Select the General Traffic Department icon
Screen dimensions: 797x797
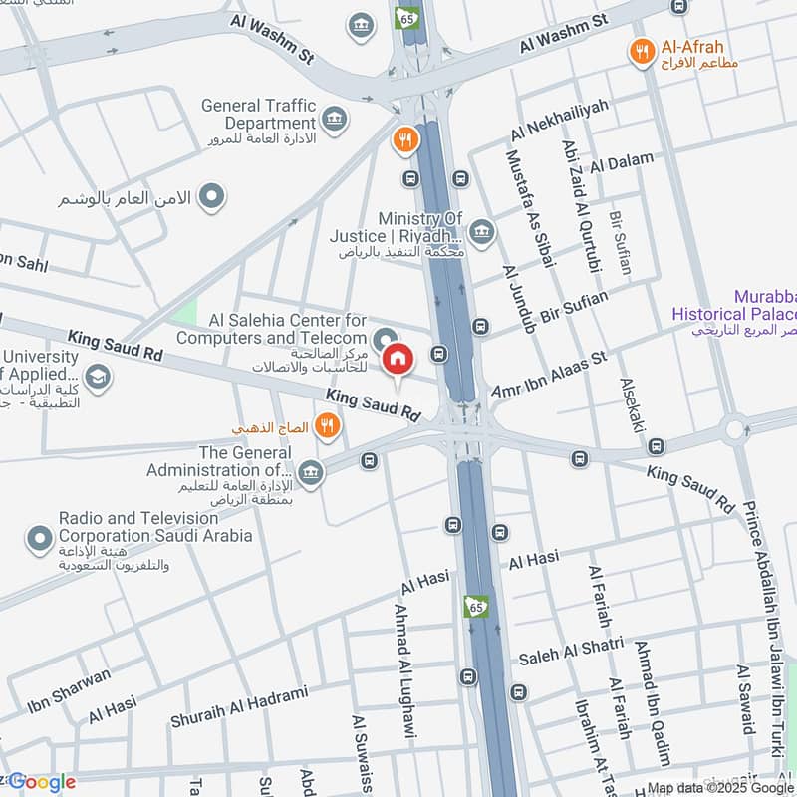[336, 121]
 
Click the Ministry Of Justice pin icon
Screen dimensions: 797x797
[481, 232]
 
